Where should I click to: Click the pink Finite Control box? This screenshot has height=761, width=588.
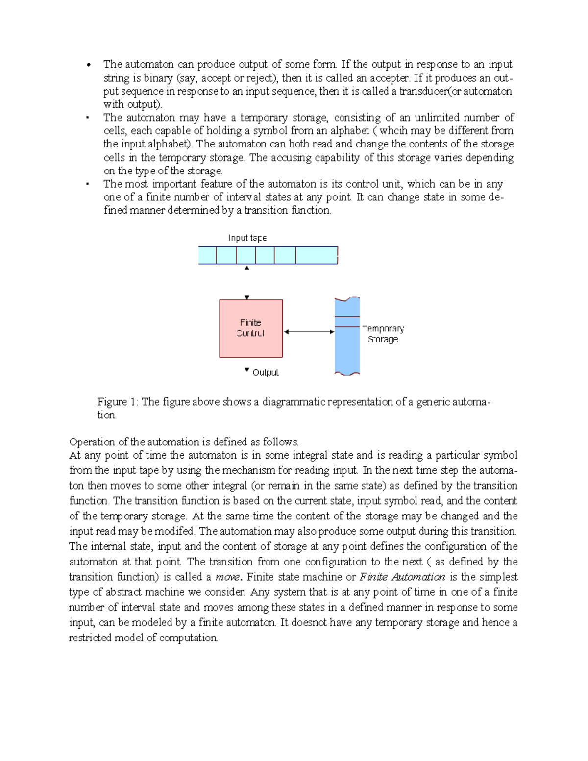(251, 328)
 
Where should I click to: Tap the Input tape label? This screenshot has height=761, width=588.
(247, 238)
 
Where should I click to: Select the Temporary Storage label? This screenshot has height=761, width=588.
(383, 334)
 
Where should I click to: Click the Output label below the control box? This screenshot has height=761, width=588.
(265, 373)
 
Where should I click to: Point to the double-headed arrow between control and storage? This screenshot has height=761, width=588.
(309, 332)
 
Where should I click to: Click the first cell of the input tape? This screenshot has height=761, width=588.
(207, 255)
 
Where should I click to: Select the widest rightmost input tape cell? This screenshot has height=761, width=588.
(316, 255)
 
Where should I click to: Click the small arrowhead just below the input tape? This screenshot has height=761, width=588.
(247, 268)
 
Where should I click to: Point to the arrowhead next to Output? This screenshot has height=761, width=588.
(247, 370)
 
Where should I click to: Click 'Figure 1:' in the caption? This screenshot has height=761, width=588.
(118, 402)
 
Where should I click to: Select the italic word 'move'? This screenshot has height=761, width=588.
(227, 577)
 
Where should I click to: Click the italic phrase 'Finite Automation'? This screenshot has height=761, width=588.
(402, 577)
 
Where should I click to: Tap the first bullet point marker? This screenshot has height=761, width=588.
(89, 65)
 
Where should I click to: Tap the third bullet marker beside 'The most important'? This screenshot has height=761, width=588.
(87, 184)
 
